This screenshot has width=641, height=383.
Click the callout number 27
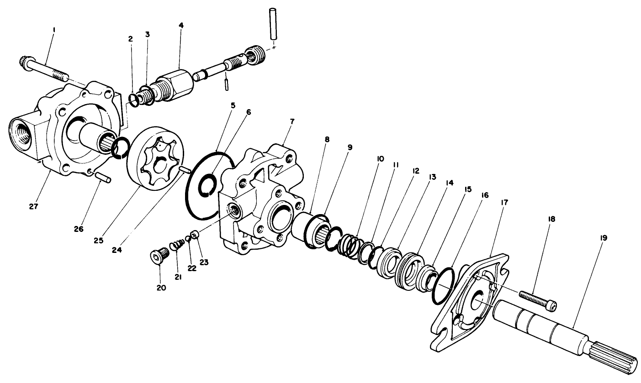tap(33, 206)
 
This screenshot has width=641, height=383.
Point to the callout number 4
tap(181, 26)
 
